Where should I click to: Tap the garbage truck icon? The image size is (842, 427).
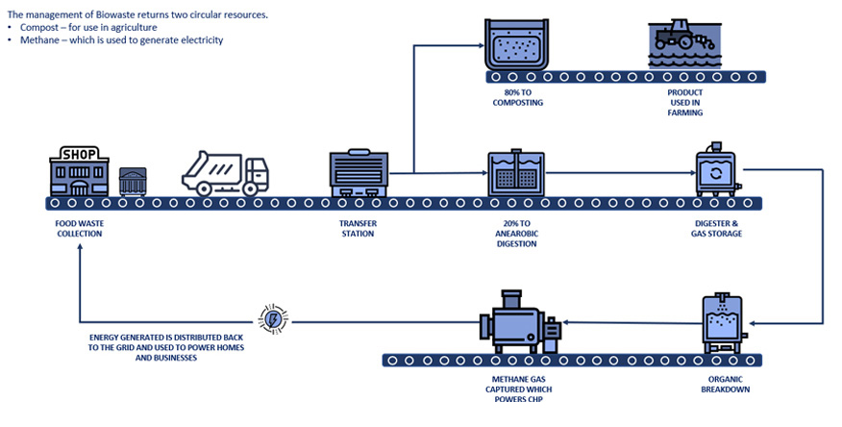click(227, 173)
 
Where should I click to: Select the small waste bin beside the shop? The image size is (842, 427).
click(132, 181)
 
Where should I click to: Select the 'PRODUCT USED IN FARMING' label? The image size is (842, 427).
click(685, 102)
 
